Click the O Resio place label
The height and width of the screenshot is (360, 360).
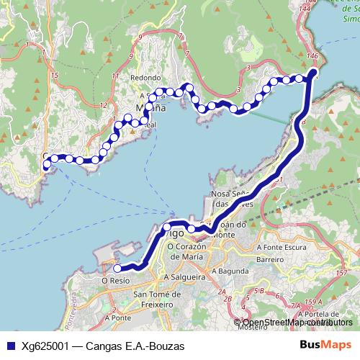coord(115,280)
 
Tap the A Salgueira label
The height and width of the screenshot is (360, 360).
coord(185,276)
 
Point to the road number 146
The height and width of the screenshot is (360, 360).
coord(312,55)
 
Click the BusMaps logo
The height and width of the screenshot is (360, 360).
coord(325,346)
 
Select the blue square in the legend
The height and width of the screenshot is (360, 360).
coord(9,346)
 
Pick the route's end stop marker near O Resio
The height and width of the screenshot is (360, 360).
coord(117,269)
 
